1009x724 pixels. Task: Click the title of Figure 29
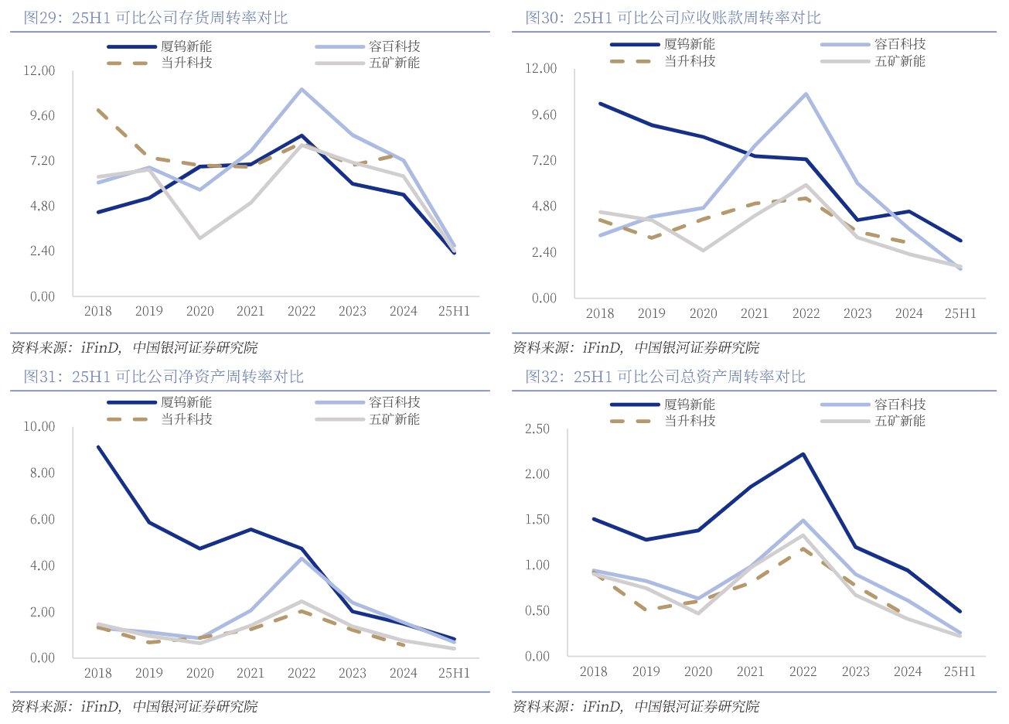click(x=155, y=17)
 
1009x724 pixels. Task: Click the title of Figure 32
click(x=665, y=377)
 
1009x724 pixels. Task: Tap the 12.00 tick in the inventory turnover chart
click(x=39, y=70)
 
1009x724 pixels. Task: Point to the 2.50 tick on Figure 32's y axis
click(x=537, y=429)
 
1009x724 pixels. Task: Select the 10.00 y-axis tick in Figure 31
click(x=39, y=426)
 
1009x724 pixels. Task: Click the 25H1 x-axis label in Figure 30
click(x=960, y=313)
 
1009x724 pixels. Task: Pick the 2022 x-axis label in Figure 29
click(x=302, y=311)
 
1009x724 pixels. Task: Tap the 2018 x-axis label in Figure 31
click(x=97, y=673)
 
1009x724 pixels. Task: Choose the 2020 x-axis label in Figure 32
click(x=697, y=671)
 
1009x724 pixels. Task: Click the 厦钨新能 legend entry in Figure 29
click(x=186, y=46)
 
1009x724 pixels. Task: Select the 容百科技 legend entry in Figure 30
click(x=899, y=44)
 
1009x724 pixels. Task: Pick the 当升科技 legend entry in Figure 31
click(x=186, y=419)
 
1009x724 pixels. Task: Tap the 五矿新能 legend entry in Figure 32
click(x=899, y=421)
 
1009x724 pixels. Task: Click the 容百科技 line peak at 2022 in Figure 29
click(x=302, y=89)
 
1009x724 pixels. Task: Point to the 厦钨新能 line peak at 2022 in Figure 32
click(x=803, y=454)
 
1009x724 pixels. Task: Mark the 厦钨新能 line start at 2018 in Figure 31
click(x=98, y=446)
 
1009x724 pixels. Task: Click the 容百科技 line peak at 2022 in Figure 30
click(x=806, y=94)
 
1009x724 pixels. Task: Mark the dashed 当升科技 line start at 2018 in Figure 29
click(x=98, y=110)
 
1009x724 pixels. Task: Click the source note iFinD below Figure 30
click(x=602, y=348)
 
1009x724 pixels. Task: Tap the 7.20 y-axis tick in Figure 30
click(x=540, y=160)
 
